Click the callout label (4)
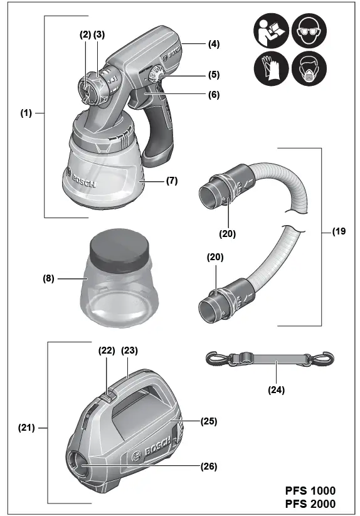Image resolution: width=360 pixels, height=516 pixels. (214, 44)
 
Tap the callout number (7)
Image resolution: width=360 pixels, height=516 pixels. (172, 181)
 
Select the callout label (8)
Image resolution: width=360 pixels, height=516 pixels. (48, 279)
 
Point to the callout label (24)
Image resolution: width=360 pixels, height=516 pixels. (276, 390)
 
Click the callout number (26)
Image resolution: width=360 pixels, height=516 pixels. (209, 466)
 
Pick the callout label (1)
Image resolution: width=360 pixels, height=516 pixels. (26, 113)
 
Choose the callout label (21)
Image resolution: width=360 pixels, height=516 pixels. (26, 428)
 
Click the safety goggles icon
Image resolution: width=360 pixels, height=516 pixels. (309, 31)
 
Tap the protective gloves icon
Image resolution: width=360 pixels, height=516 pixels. (271, 69)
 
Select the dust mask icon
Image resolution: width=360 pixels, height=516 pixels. (309, 69)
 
